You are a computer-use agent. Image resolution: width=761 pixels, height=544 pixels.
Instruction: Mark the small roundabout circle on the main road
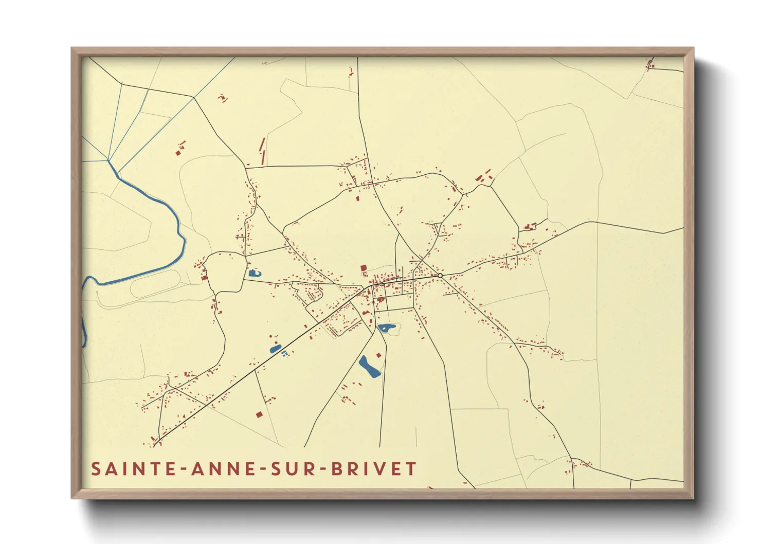click(x=440, y=276)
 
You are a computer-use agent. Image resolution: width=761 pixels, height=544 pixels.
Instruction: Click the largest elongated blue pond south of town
click(x=368, y=367)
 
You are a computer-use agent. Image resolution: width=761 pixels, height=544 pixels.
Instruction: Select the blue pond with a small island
click(x=386, y=327)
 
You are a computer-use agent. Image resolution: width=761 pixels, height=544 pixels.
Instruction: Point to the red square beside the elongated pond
click(x=379, y=355)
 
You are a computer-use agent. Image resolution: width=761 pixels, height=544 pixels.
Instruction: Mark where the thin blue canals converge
click(x=108, y=160)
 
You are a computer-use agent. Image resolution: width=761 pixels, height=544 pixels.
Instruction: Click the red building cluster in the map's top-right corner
click(x=650, y=64)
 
